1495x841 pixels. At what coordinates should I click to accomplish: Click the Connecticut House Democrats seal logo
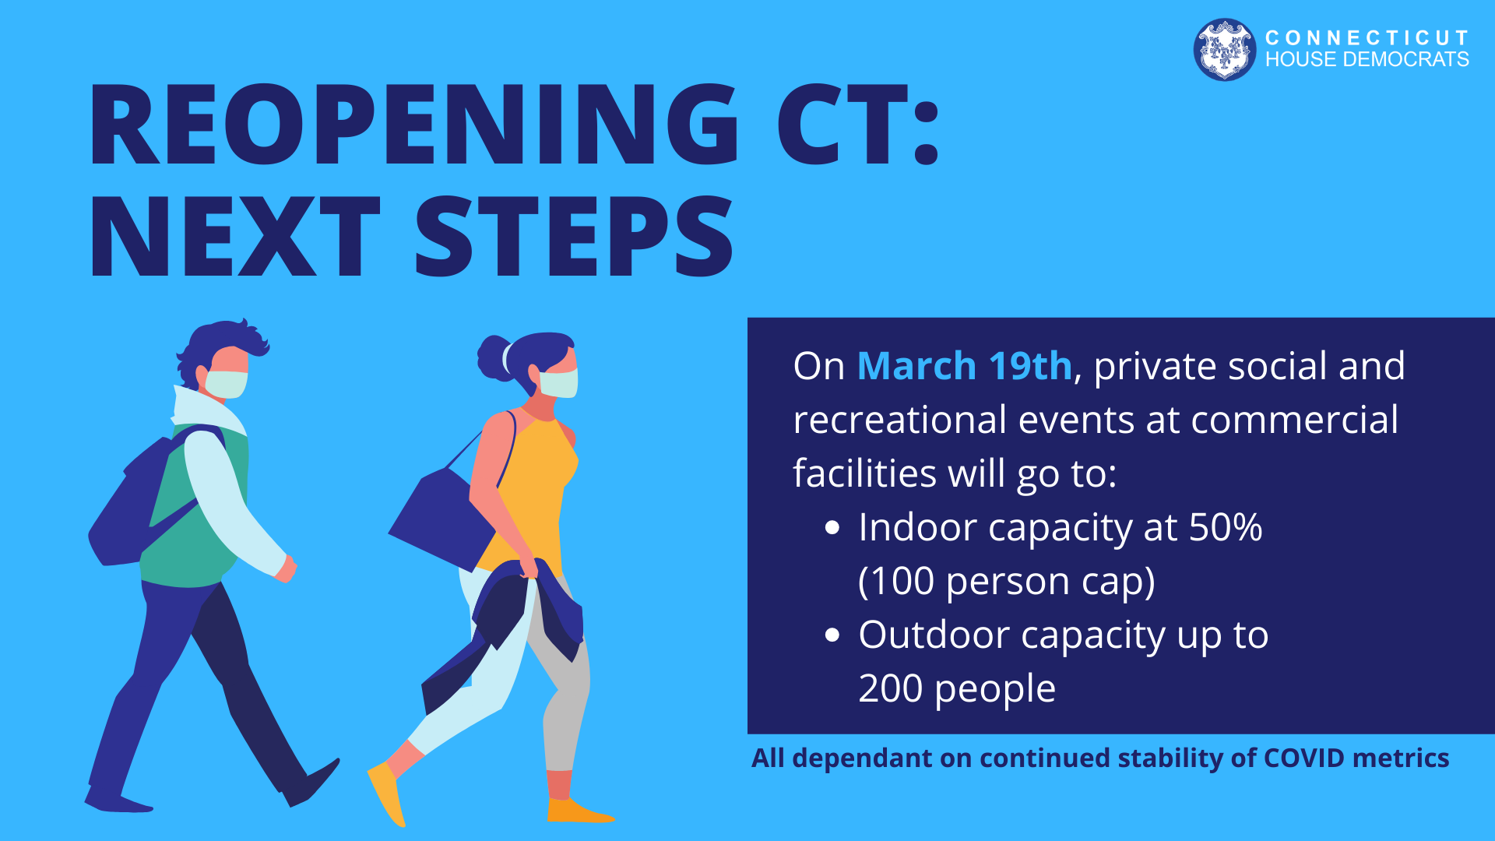click(x=1224, y=49)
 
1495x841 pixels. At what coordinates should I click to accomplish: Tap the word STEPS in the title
click(x=574, y=236)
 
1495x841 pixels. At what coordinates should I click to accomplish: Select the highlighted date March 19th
click(x=964, y=365)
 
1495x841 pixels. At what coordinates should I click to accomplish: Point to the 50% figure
click(x=1226, y=527)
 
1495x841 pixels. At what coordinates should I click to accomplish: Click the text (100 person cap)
click(x=1006, y=582)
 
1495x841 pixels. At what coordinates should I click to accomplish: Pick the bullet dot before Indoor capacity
click(x=832, y=528)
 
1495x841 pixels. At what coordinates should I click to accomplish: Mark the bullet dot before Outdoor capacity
click(x=832, y=635)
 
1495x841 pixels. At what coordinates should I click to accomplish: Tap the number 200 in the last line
click(x=890, y=688)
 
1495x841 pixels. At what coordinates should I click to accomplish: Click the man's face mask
click(x=226, y=384)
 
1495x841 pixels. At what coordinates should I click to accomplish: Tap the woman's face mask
click(x=558, y=383)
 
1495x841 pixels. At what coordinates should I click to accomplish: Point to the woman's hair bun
click(x=494, y=357)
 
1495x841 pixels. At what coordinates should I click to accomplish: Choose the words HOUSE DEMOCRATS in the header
click(x=1367, y=59)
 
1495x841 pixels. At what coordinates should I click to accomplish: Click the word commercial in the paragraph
click(x=1294, y=420)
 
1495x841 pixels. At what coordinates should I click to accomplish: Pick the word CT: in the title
click(x=858, y=125)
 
